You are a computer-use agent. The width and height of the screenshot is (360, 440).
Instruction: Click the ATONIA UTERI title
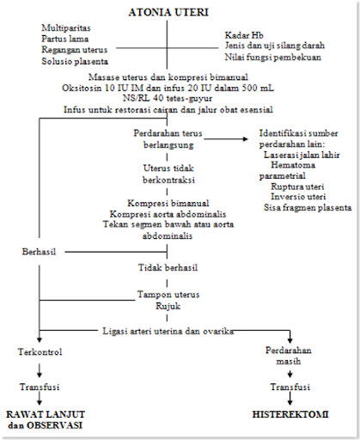click(x=168, y=12)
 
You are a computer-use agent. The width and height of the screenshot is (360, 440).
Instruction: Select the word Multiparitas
click(x=66, y=27)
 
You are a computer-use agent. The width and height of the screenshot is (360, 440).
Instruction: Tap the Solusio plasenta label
click(x=75, y=61)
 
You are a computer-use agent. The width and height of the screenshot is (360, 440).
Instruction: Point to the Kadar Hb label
click(x=244, y=35)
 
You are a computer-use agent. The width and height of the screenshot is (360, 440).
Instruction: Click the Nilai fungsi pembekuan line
click(x=273, y=58)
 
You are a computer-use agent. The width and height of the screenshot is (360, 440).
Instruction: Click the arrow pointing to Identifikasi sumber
click(x=226, y=139)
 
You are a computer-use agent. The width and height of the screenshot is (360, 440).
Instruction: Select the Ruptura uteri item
click(x=297, y=186)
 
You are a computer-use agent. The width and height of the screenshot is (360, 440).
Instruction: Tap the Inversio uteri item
click(x=298, y=197)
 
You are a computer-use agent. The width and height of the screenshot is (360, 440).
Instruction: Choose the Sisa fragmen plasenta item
click(x=308, y=207)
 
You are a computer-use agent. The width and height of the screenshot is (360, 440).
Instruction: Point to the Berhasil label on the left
click(x=39, y=252)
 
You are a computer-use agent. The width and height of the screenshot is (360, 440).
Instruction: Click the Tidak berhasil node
click(x=168, y=267)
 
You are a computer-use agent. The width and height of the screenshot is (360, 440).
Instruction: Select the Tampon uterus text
click(x=168, y=295)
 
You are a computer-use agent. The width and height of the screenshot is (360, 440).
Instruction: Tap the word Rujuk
click(x=168, y=306)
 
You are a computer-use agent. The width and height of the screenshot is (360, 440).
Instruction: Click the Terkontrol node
click(x=40, y=351)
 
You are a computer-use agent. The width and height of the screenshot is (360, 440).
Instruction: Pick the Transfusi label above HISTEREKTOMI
click(x=290, y=387)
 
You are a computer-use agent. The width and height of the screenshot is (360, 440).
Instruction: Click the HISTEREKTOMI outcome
click(x=290, y=414)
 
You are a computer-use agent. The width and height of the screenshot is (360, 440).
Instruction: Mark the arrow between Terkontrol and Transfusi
click(x=40, y=370)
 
